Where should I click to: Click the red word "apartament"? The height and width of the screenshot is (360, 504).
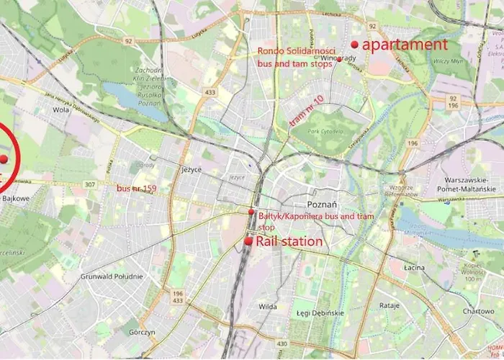[x=404, y=45]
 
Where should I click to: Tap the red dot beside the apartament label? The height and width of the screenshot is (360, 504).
[x=354, y=45]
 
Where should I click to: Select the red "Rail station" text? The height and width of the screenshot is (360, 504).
[x=289, y=242]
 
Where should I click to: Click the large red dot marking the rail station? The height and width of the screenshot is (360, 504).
[x=248, y=242]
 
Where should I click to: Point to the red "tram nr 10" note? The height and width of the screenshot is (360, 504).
[x=306, y=113]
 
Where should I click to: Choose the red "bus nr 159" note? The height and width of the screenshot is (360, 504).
[x=136, y=189]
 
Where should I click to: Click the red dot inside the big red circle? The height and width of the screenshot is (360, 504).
[x=4, y=158]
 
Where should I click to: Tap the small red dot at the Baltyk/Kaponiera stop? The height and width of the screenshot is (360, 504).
[x=251, y=212]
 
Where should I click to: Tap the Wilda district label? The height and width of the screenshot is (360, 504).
[x=268, y=306]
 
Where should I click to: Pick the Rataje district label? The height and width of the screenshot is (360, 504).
[x=389, y=305]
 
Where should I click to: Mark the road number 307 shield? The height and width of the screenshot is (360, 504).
[x=89, y=184]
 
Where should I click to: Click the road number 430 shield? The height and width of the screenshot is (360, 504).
[x=282, y=343]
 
